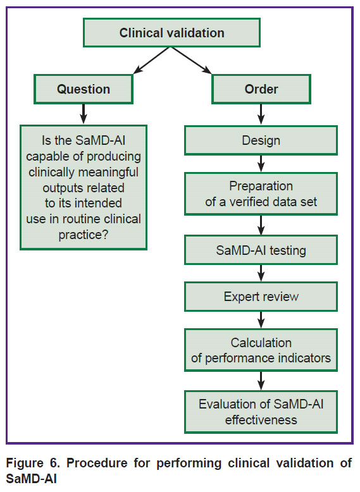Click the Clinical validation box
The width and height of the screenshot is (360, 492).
coord(171,33)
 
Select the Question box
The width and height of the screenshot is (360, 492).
coord(84,89)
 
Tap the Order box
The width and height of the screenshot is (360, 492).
coord(261,89)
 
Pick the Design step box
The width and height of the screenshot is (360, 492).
coord(261,140)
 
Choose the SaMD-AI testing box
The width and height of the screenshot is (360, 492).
coord(261,250)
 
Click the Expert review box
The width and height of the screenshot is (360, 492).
coord(261,297)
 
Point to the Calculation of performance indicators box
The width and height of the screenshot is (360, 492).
coord(261,350)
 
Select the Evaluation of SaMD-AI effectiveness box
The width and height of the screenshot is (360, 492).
coord(261,412)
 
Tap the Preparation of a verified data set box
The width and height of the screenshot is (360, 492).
coord(261,194)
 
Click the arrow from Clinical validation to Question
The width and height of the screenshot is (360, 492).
coord(152,61)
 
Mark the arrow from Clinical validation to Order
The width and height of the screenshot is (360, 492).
coord(191,61)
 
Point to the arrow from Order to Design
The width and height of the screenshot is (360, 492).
coord(261,114)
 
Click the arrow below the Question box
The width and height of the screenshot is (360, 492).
coord(83,114)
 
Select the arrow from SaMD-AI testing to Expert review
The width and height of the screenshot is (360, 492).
coord(261,273)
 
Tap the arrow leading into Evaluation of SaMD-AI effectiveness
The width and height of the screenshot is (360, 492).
coord(261,381)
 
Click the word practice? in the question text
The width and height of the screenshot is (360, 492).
coord(84,235)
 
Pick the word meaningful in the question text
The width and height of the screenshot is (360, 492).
coord(109,172)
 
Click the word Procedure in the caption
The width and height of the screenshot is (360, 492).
coord(97,463)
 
